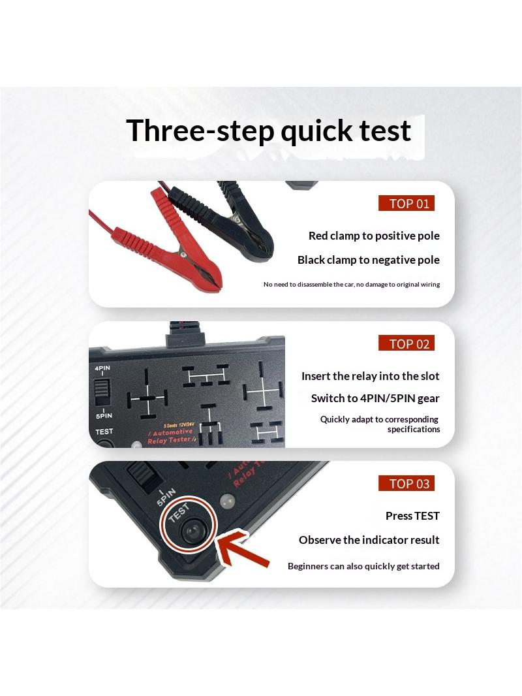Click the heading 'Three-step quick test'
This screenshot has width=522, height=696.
pyautogui.click(x=268, y=131)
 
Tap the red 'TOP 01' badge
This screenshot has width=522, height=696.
pyautogui.click(x=407, y=203)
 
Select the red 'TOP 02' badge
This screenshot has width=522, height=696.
pyautogui.click(x=407, y=343)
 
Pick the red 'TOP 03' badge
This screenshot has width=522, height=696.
pyautogui.click(x=407, y=483)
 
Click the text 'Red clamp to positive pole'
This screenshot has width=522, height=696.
pyautogui.click(x=374, y=236)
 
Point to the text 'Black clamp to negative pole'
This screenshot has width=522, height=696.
pyautogui.click(x=369, y=260)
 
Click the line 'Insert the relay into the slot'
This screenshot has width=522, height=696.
pyautogui.click(x=371, y=376)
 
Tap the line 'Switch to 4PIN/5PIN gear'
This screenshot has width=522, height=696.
pyautogui.click(x=375, y=398)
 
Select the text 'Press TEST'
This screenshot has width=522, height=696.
pyautogui.click(x=412, y=516)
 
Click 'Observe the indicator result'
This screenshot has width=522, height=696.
pyautogui.click(x=369, y=540)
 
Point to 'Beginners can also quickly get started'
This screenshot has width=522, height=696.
pyautogui.click(x=363, y=566)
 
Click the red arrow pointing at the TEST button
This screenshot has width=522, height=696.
pyautogui.click(x=243, y=548)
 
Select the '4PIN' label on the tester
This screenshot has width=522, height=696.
pyautogui.click(x=102, y=368)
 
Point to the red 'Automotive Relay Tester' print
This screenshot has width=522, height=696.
pyautogui.click(x=171, y=435)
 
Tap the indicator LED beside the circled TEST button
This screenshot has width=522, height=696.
pyautogui.click(x=228, y=500)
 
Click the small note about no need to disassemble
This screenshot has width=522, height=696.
pyautogui.click(x=352, y=284)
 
